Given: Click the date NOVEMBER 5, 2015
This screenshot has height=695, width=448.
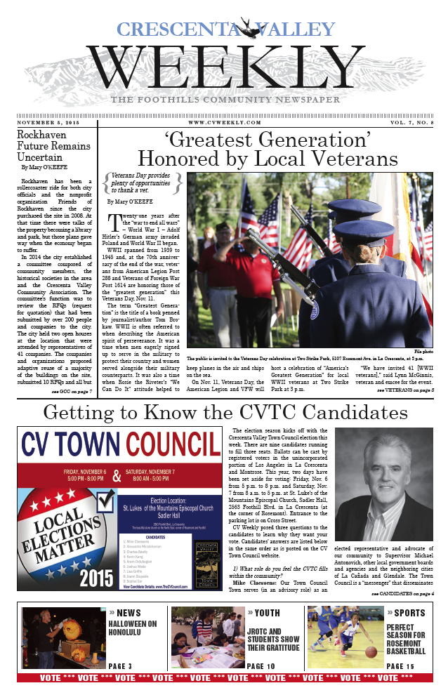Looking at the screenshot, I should click(x=51, y=122).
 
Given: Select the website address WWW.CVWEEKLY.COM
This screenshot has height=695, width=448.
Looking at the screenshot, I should click(x=223, y=122).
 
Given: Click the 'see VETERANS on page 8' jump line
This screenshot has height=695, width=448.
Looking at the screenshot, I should click(x=406, y=389).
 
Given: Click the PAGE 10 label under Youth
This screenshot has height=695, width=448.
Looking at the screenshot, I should click(x=261, y=666).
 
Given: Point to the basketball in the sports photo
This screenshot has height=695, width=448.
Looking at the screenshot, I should click(x=371, y=651).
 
